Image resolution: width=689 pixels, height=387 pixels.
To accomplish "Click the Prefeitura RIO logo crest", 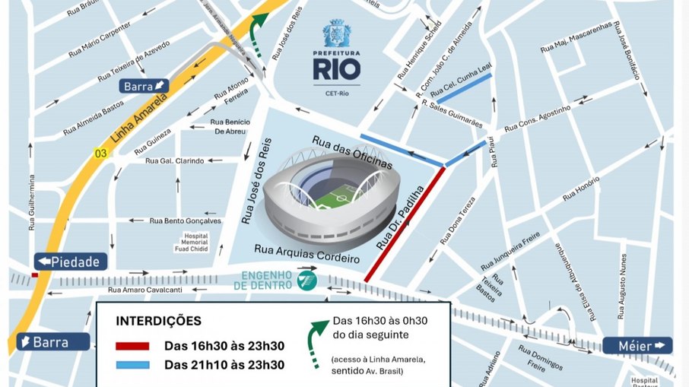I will point(337,33).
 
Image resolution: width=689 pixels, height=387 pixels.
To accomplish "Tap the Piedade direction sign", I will point(69,262).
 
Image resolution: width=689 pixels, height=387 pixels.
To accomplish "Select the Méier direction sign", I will point(637,345).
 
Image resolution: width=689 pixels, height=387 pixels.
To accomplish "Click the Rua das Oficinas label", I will point(352,151).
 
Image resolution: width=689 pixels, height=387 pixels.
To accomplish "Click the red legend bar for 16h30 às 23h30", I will point(132,346).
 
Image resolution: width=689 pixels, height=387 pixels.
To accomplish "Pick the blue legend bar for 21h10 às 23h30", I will point(132,365).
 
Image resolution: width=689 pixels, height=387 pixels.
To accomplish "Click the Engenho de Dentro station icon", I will point(306,279).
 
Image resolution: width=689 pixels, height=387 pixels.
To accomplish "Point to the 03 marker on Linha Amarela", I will point(99,153).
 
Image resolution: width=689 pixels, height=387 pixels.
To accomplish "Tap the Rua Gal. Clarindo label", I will point(175,160).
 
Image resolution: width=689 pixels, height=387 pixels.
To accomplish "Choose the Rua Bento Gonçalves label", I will point(186,220).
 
